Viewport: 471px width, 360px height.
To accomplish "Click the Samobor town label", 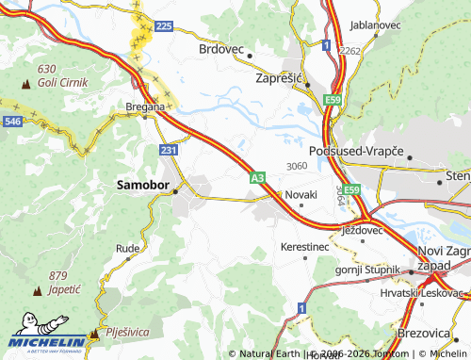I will tap(141, 186).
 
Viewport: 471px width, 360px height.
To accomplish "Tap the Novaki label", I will tap(301, 194).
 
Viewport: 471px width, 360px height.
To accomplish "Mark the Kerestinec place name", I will tap(304, 246).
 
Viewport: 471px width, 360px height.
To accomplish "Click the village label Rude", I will tap(127, 249).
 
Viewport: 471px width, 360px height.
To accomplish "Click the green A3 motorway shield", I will tap(257, 176).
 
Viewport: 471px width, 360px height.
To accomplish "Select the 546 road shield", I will tap(12, 122).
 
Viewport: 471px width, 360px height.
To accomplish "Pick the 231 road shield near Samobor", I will tap(169, 150).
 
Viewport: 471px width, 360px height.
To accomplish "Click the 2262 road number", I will tap(350, 51).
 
